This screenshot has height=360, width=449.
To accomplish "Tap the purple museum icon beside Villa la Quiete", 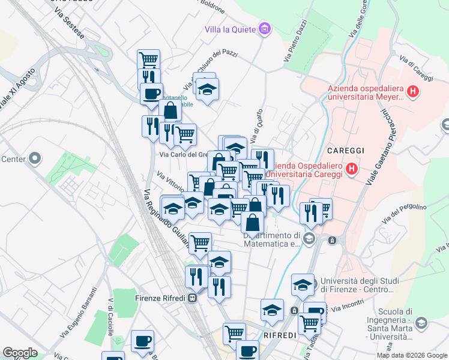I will pyautogui.click(x=264, y=28).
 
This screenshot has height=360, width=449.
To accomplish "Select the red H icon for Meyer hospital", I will pyautogui.click(x=412, y=92).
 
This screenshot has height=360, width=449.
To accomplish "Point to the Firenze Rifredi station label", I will pyautogui.click(x=158, y=297).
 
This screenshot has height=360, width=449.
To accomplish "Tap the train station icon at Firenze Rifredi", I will pyautogui.click(x=192, y=298).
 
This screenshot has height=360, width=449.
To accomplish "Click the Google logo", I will pyautogui.click(x=20, y=353).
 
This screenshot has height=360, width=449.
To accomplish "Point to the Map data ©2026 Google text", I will pyautogui.click(x=412, y=355).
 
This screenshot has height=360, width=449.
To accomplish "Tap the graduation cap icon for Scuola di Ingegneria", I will pyautogui.click(x=421, y=323).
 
